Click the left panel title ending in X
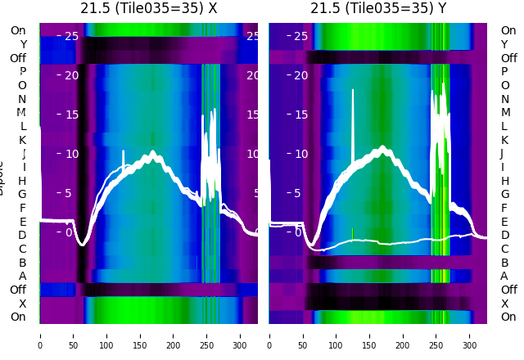tap(149, 8)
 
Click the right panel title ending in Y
tap(378, 8)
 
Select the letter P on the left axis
tap(23, 71)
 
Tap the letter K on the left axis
tap(23, 140)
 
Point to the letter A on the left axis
tap(23, 276)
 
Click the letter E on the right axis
tap(504, 222)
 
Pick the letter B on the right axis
tap(504, 263)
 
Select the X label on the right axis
tap(504, 304)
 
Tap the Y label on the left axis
tap(23, 44)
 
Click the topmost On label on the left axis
tap(18, 30)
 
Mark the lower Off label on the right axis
tap(508, 290)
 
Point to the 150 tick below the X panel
tap(140, 335)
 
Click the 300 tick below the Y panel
tap(470, 335)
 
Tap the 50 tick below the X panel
tap(73, 335)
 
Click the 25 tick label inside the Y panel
tap(300, 36)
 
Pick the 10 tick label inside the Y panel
tap(300, 154)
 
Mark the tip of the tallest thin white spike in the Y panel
tap(354, 90)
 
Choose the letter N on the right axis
tap(504, 99)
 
